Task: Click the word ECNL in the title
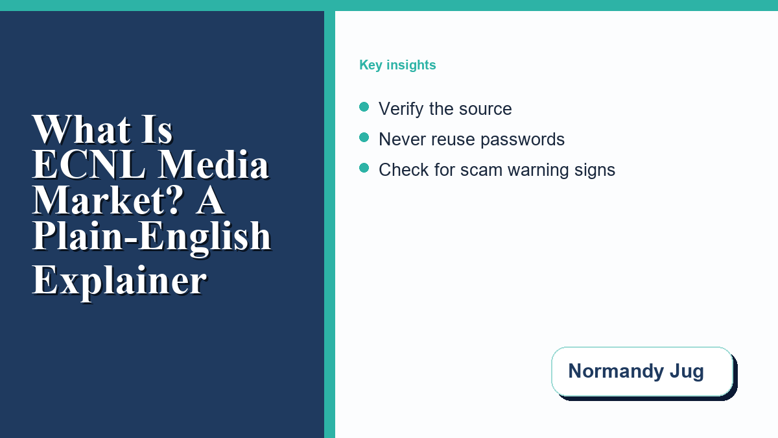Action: tap(89, 164)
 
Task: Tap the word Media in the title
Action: tap(213, 164)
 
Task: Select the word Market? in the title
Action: tap(108, 201)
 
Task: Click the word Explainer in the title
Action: tap(119, 282)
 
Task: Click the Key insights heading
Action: tap(397, 65)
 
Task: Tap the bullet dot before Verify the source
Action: tap(364, 107)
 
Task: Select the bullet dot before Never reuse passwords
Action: tap(364, 138)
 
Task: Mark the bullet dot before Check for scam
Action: tap(364, 168)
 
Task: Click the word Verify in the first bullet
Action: tap(401, 109)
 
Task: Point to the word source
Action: tap(486, 110)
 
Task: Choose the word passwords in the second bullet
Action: tap(523, 140)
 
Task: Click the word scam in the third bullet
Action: tap(481, 171)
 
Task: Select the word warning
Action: tap(538, 171)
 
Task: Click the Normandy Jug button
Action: tap(642, 371)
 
